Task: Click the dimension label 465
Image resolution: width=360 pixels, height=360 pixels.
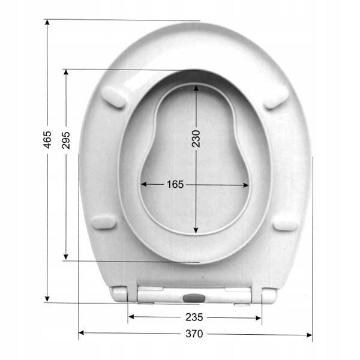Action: coord(47,140)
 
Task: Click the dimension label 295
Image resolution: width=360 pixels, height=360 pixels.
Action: coord(66,140)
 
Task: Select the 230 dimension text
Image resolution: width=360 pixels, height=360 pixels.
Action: coord(196,139)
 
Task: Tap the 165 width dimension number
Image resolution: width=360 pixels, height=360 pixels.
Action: coord(175,184)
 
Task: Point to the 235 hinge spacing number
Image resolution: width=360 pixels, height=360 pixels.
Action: coord(194,317)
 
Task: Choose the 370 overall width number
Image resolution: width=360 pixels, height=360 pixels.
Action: coord(194,334)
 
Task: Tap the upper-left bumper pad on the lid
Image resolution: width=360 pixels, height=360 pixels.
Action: coord(113,97)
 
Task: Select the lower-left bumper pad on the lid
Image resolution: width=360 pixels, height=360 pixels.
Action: coord(104,222)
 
